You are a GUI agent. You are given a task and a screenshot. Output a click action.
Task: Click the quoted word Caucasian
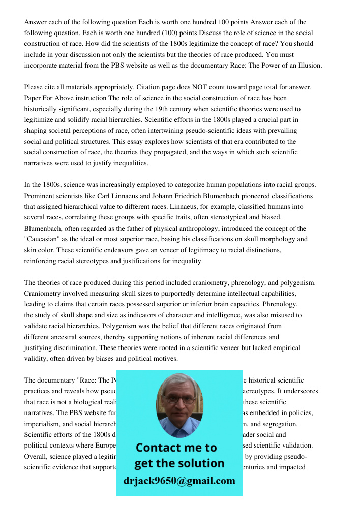[45, 239]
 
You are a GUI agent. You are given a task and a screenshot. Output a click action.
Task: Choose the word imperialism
[43, 423]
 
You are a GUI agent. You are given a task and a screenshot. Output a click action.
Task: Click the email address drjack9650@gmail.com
[179, 481]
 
